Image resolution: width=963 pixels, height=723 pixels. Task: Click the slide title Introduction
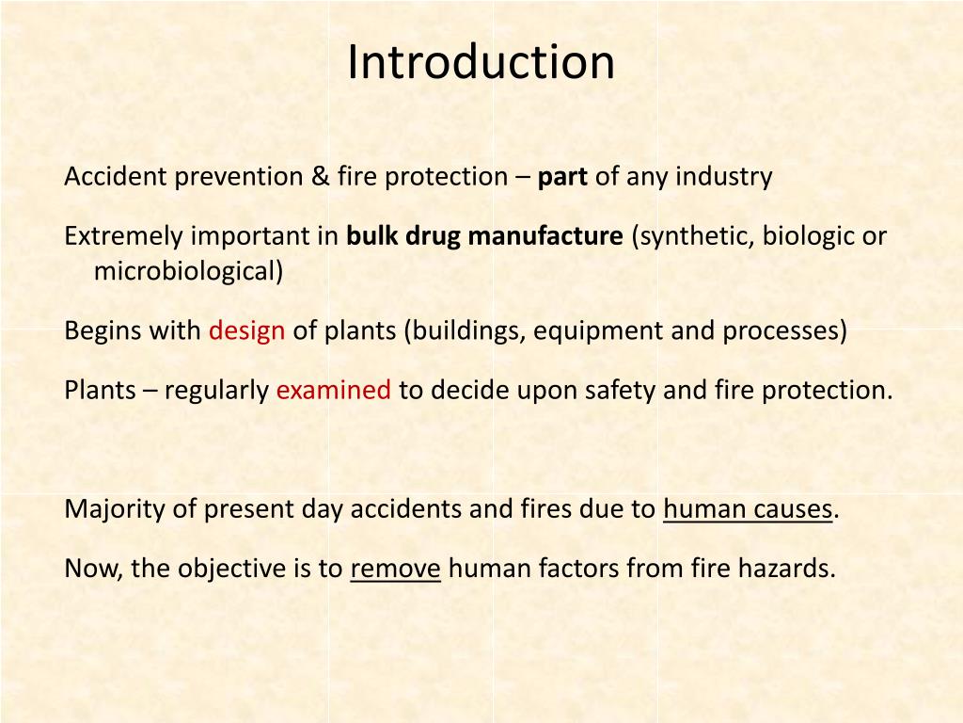coord(481,62)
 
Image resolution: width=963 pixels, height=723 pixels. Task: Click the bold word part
coord(562,177)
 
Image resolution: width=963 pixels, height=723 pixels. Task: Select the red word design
coord(246,331)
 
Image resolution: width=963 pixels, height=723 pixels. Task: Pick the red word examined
coord(333,391)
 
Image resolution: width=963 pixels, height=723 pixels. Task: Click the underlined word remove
coord(395,569)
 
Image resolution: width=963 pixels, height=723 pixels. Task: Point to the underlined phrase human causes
coord(748,509)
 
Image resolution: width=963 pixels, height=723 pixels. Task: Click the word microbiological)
coord(188,272)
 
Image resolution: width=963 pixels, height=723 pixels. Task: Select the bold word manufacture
coord(545,236)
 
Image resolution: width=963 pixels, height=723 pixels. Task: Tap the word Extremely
coord(125,236)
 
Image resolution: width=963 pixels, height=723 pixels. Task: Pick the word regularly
coord(216,391)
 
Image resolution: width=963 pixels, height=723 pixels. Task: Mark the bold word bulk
coord(372,236)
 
